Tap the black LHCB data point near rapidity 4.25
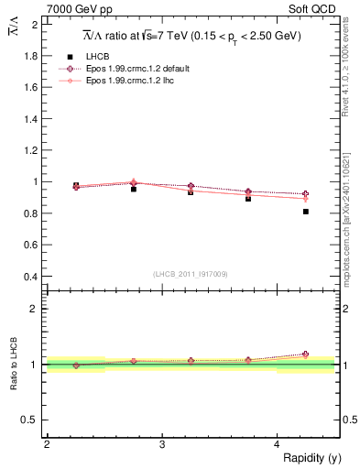[x=305, y=212]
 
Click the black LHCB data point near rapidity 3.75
[x=248, y=199]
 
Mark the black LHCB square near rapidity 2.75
[x=134, y=189]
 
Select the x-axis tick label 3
[x=161, y=444]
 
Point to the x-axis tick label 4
[x=277, y=444]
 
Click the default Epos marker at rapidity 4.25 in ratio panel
[x=305, y=354]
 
